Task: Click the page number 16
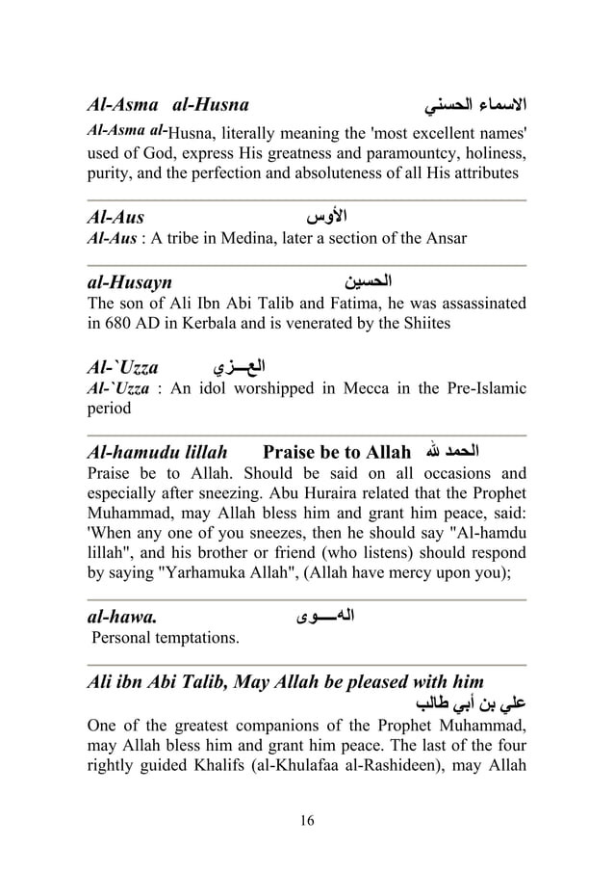coord(307,820)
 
